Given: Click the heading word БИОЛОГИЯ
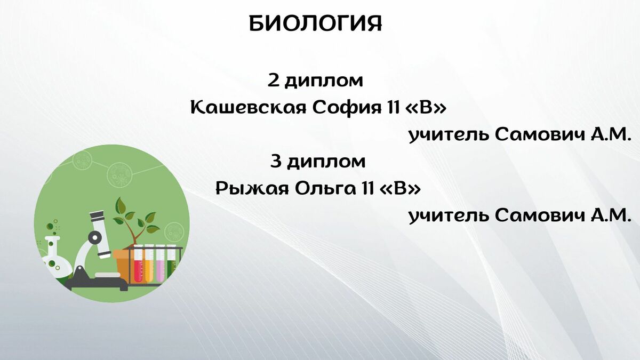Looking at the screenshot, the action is [315, 23].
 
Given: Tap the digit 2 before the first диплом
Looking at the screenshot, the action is [273, 81].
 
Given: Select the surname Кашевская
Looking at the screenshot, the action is [249, 108].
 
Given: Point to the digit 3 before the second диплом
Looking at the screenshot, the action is [276, 162].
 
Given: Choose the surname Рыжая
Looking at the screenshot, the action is [252, 189].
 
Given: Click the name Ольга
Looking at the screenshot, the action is [325, 189].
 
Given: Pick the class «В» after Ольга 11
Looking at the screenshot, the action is [401, 189].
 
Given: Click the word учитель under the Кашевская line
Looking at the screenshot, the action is [449, 135].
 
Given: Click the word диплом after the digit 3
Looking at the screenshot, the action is [326, 162].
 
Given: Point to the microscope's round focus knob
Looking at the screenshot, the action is [94, 237].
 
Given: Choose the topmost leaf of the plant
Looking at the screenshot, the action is [121, 205].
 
